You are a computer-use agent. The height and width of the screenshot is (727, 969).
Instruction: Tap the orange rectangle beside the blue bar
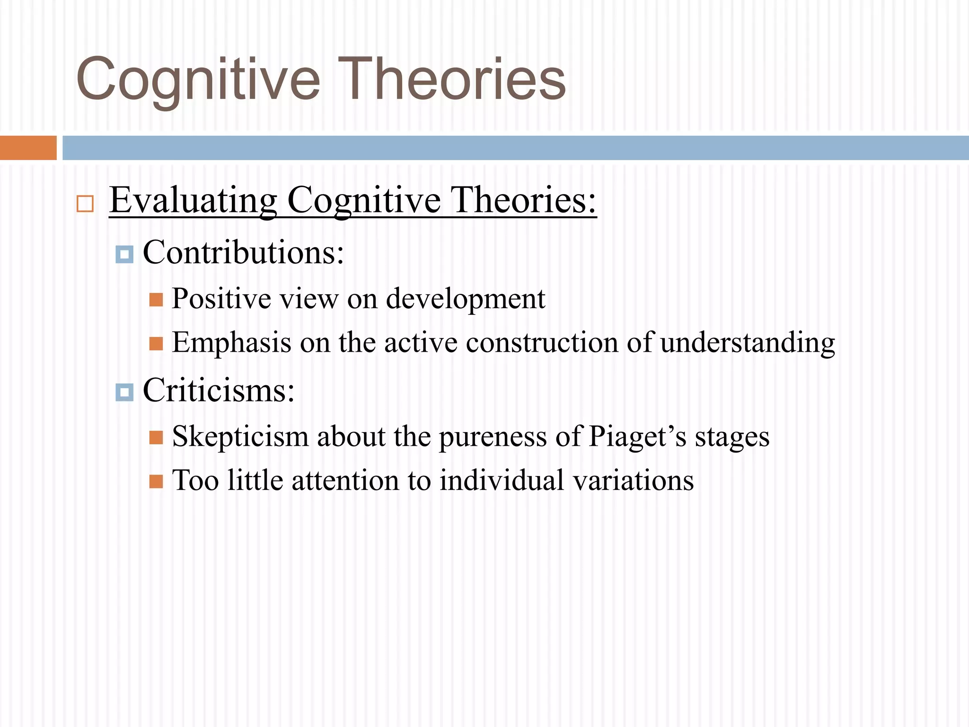(x=28, y=148)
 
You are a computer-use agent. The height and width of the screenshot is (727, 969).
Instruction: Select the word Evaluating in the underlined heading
(x=193, y=201)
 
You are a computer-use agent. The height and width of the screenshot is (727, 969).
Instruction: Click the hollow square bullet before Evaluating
(x=85, y=204)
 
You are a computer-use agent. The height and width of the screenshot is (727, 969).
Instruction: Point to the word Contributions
(x=243, y=252)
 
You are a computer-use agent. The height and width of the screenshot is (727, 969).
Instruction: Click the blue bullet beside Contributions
(x=124, y=255)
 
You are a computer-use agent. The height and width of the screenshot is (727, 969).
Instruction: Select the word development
(x=465, y=299)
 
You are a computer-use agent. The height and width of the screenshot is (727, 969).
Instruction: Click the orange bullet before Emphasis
(x=156, y=344)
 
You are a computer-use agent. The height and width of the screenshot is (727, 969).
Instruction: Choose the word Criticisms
(x=218, y=390)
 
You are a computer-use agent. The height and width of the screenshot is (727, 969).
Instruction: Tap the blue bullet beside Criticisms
(x=124, y=392)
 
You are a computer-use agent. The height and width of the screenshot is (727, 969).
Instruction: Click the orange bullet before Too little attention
(x=156, y=482)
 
